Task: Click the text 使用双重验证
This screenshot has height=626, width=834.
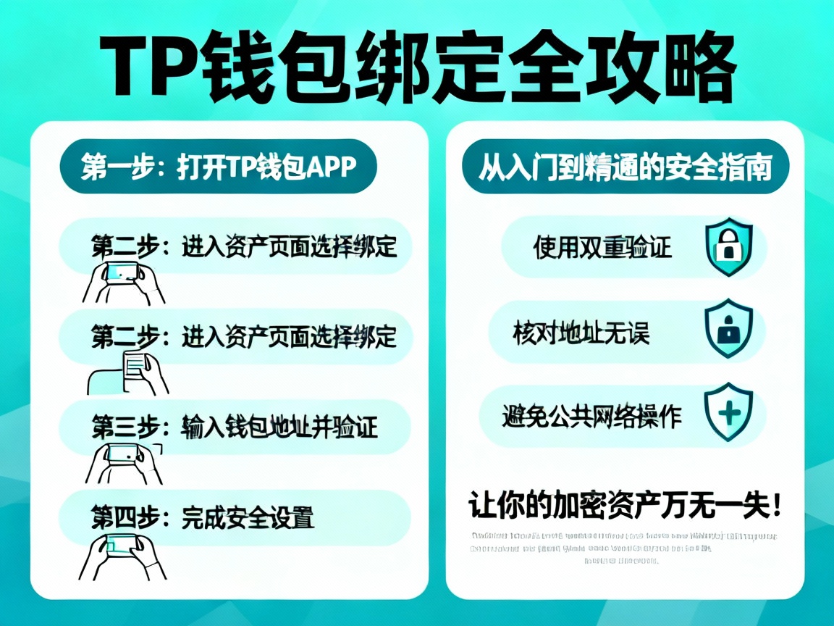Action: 602,248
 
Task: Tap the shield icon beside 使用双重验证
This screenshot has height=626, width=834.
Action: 728,247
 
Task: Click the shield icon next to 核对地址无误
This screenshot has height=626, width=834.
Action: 728,330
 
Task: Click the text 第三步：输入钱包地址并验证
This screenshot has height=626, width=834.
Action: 235,427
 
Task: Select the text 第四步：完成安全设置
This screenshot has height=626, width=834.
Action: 202,517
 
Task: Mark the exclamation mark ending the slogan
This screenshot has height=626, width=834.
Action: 776,504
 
